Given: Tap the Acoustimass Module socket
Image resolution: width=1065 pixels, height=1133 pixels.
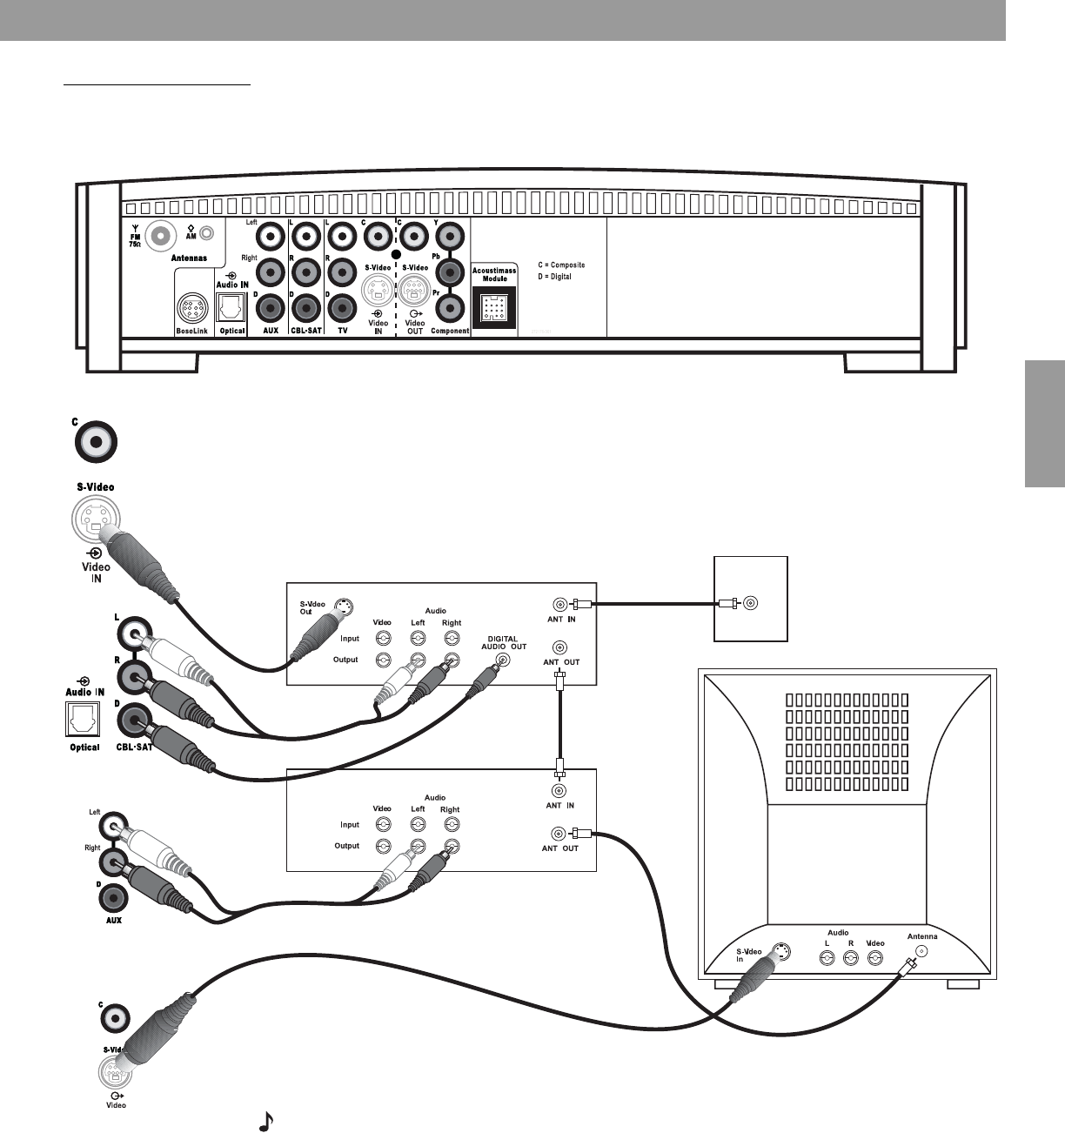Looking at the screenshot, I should [492, 307].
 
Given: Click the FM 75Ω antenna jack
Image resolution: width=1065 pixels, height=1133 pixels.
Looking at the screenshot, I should [162, 234].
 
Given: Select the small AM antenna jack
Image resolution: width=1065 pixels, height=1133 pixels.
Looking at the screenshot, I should [206, 233].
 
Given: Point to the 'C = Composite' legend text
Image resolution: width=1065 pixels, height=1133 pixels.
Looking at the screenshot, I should [561, 265].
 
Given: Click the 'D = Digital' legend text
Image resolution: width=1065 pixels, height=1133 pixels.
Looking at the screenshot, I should [554, 277].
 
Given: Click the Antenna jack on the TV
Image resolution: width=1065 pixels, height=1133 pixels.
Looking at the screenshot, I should [922, 951].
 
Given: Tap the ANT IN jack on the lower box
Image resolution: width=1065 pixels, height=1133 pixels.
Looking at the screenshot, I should [558, 790].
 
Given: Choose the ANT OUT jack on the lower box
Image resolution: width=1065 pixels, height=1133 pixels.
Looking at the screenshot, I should [558, 834].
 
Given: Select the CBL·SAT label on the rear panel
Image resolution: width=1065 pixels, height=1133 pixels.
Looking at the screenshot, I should [305, 331].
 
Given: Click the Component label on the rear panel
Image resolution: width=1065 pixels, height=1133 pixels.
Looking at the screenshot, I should [450, 331].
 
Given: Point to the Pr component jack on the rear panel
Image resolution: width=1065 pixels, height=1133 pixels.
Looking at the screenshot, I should [450, 307].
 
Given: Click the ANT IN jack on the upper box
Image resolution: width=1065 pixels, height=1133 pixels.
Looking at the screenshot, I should [558, 603].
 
